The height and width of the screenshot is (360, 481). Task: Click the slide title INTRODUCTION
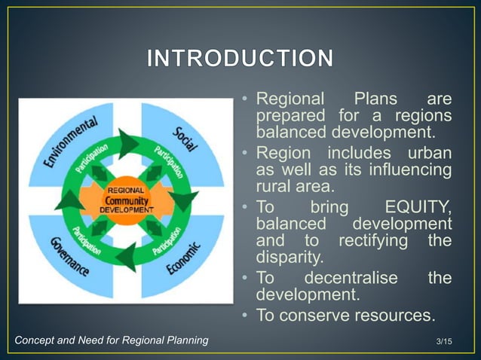click(240, 59)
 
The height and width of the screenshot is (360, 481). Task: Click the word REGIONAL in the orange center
click(125, 191)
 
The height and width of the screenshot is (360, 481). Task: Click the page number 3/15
click(446, 343)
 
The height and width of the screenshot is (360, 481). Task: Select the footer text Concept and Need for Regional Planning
click(112, 341)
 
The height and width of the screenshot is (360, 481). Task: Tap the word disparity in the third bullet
click(290, 258)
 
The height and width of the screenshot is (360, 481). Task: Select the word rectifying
click(373, 241)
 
